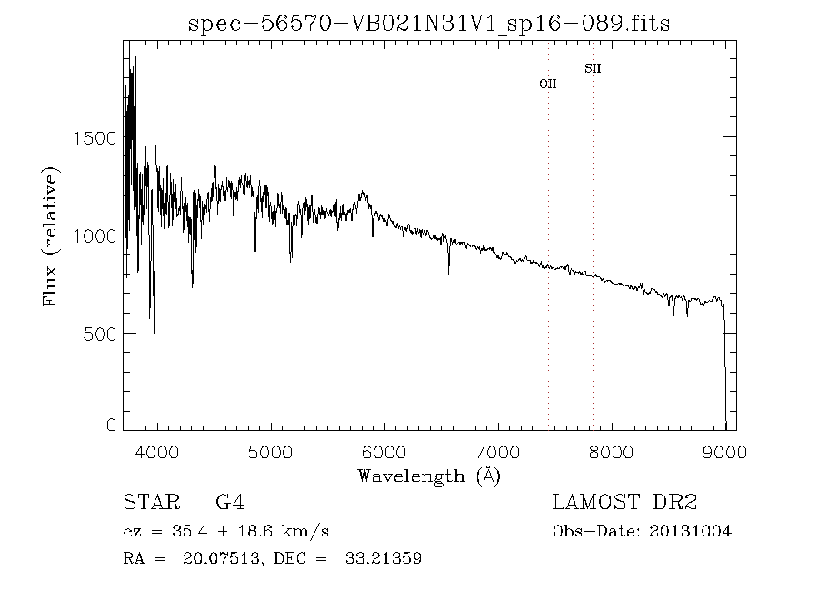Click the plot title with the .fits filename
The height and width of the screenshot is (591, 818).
click(429, 23)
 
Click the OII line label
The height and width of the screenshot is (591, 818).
click(547, 84)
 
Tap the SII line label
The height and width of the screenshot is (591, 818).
click(593, 68)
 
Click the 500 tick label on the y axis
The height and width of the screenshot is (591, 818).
click(101, 334)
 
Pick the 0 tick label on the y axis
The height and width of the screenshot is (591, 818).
click(112, 425)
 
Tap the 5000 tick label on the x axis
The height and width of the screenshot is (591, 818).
click(271, 452)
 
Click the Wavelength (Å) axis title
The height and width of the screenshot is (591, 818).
click(429, 476)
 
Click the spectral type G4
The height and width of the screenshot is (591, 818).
click(229, 502)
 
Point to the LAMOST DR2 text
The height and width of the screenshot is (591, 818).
click(624, 502)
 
